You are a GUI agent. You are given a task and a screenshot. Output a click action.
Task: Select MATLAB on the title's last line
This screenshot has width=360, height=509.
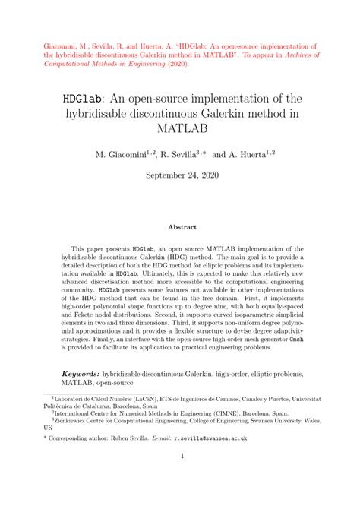coord(180,131)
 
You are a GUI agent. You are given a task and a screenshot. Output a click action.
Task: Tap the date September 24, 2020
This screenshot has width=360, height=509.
coord(180,174)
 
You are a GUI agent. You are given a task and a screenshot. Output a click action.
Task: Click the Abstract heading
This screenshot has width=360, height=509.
coord(180,226)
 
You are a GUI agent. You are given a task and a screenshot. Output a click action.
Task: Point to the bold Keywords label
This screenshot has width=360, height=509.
coord(81,375)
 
